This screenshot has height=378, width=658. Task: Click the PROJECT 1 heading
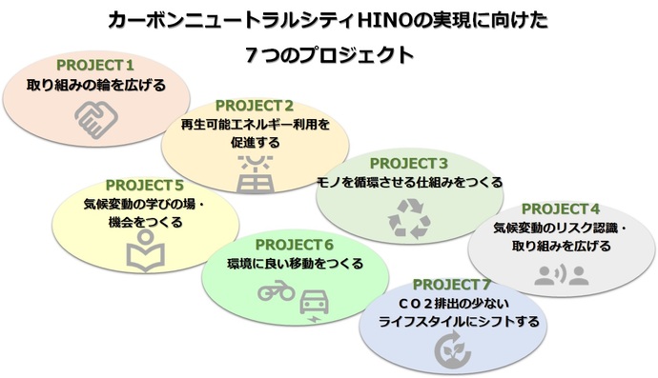click(x=95, y=65)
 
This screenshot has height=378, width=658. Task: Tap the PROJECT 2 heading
click(x=254, y=105)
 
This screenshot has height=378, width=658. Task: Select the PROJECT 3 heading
click(x=408, y=162)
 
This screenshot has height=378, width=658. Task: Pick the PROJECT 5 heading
click(x=144, y=184)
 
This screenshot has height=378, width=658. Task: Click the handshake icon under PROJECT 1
click(x=95, y=121)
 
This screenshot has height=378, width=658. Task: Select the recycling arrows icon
click(x=409, y=218)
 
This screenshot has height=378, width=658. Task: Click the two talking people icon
click(x=560, y=275)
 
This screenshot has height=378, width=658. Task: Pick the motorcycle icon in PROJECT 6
click(x=276, y=294)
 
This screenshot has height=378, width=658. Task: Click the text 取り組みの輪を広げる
click(x=95, y=85)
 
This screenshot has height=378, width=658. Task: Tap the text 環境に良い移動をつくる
click(x=295, y=264)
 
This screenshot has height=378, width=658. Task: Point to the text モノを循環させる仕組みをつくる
click(x=408, y=182)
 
